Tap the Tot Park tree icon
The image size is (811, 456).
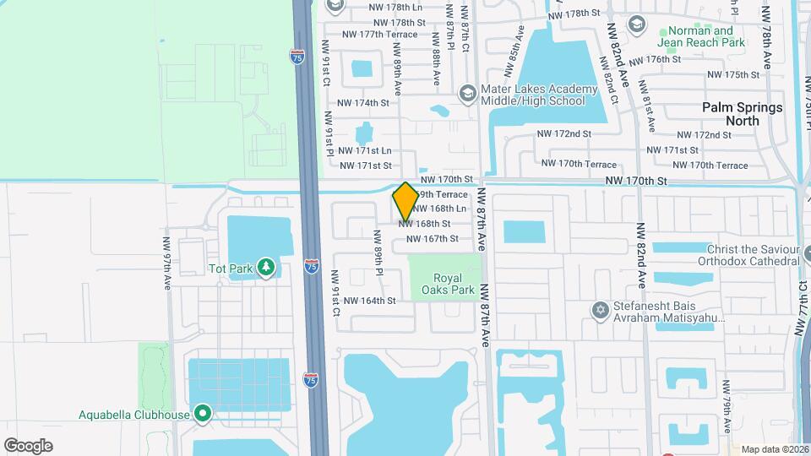coord(267,268)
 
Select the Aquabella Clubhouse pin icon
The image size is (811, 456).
coord(202,414)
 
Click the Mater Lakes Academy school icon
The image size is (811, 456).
coord(466,93)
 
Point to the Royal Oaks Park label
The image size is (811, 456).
coord(454,283)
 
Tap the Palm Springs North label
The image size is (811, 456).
coord(743,114)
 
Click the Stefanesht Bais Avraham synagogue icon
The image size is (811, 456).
coord(601,311)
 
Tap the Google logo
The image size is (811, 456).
coord(28,445)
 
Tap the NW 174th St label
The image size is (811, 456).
coord(363,103)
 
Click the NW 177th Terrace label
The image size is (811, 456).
coord(380,35)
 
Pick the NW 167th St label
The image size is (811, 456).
coord(432,239)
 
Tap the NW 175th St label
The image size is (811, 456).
coord(733,75)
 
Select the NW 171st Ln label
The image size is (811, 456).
coord(365,150)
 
